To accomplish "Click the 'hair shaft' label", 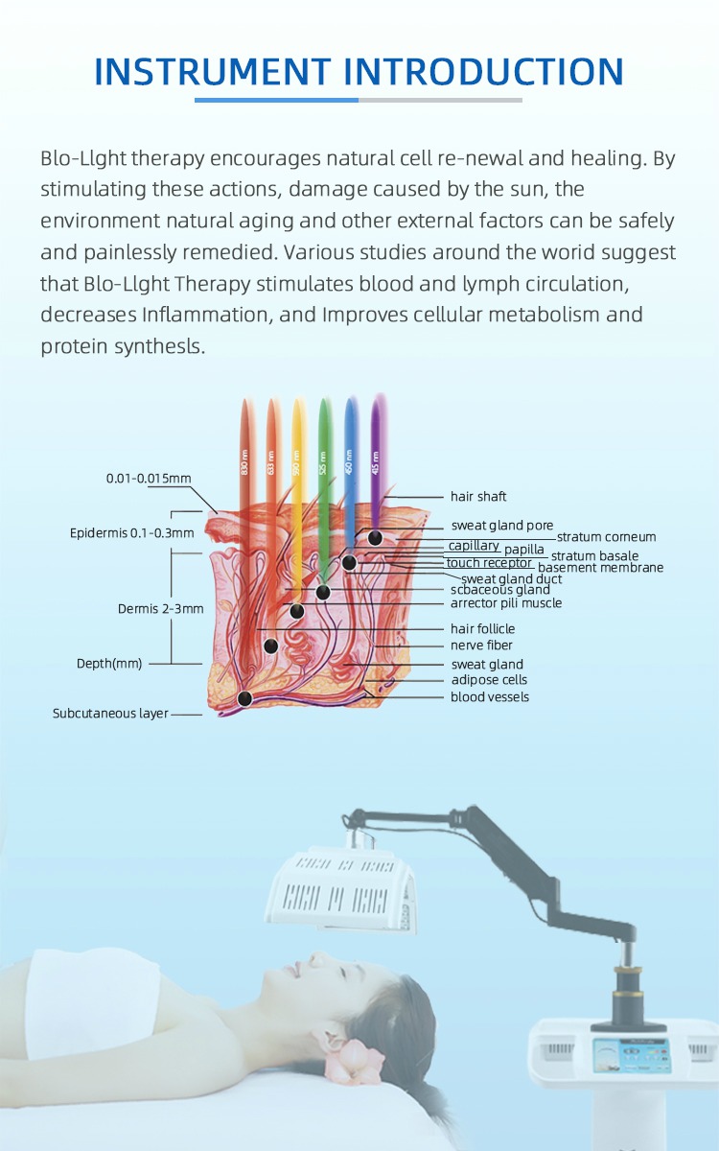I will point(478,497).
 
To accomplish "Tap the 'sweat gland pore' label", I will point(501,526).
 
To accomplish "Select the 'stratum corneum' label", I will point(606,537).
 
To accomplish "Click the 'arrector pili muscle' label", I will point(505,603).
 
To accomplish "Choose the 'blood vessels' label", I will point(489,697).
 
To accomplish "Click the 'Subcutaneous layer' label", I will point(110,714).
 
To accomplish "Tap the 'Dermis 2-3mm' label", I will point(160,609).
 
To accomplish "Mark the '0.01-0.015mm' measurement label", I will point(149,479).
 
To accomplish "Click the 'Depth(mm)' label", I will point(109,664).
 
